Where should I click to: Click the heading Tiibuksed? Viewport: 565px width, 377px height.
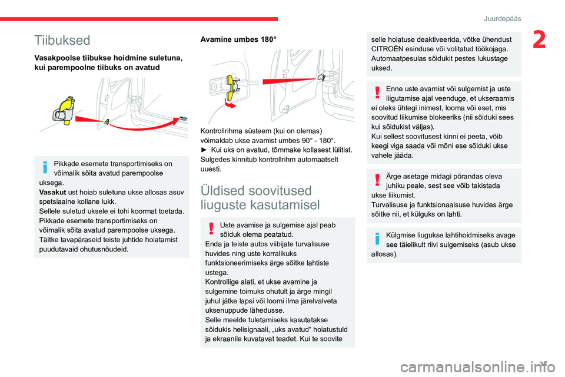coord(62,40)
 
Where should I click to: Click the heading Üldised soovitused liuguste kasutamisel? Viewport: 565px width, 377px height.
coord(261,197)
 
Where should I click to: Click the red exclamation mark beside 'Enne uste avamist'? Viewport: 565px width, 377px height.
coord(377,92)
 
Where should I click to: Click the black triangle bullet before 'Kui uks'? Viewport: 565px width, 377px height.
coord(204,150)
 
